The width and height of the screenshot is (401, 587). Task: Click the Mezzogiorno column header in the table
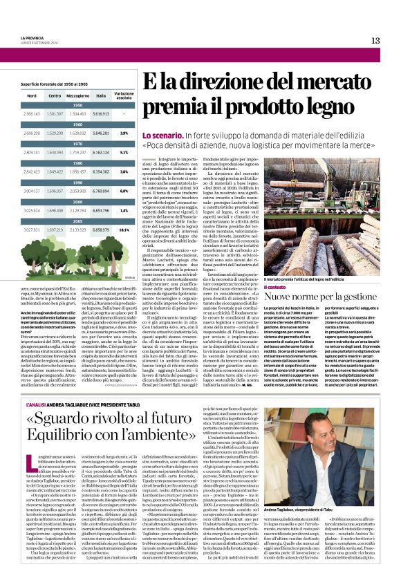[x=77, y=95]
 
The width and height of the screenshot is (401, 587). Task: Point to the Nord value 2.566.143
[x=32, y=113]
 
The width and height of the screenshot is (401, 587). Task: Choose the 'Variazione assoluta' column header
[x=124, y=95]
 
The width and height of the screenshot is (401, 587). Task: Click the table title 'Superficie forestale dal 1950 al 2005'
[x=54, y=83]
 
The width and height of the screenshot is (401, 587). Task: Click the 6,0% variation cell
[x=124, y=190]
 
